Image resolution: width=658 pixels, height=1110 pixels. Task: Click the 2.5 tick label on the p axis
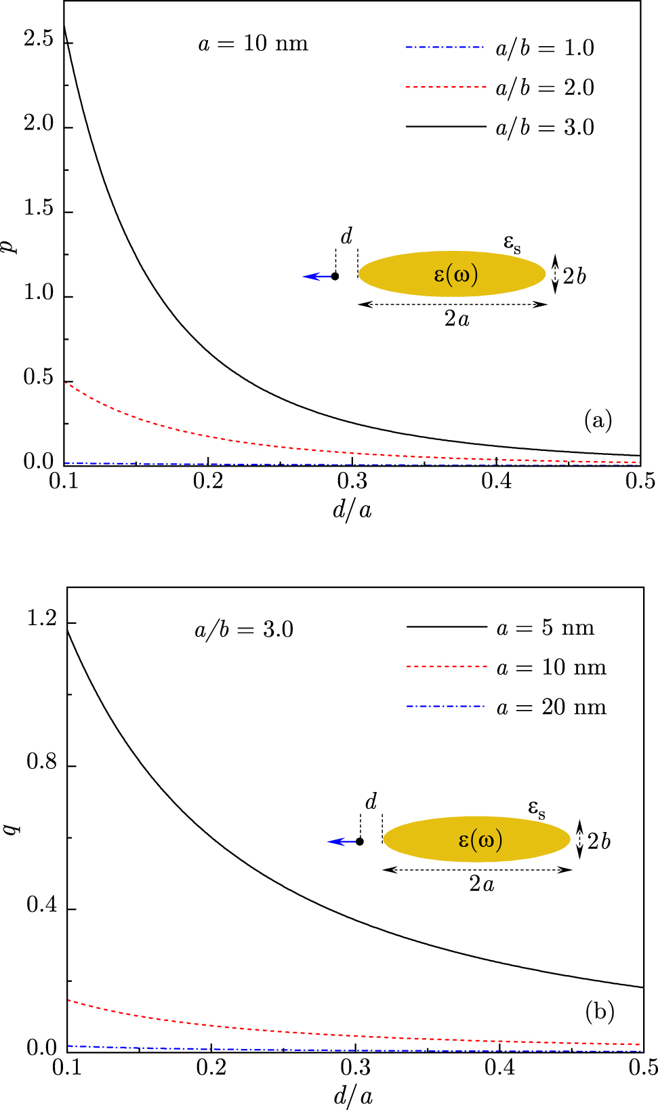point(38,39)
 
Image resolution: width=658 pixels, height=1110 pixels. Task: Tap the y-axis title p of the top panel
point(10,245)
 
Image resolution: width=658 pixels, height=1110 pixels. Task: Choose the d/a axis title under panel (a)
point(352,509)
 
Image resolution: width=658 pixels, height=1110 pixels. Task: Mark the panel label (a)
point(598,421)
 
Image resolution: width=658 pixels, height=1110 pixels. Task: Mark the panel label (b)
point(600,1012)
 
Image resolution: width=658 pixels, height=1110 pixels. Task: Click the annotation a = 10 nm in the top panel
point(253,44)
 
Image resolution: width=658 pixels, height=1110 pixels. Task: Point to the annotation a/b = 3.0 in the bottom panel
point(244,630)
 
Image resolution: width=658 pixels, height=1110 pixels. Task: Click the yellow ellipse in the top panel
point(452,274)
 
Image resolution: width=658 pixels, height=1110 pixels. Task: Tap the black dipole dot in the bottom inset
point(360,841)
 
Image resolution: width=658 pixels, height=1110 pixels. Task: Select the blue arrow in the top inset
point(316,277)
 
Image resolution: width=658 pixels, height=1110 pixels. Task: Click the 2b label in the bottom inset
point(598,841)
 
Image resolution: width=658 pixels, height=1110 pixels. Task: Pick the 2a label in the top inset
point(457,319)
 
